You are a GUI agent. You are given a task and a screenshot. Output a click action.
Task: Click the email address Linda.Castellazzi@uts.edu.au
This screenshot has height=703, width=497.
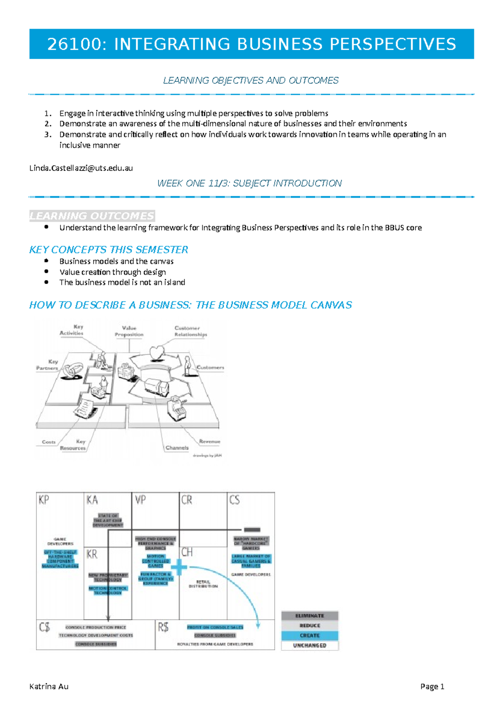tap(81, 168)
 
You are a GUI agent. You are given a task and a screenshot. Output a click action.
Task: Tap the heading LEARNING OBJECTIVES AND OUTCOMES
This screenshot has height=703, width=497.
tap(251, 80)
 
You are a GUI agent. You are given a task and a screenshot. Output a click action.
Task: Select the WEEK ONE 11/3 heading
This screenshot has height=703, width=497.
tap(249, 183)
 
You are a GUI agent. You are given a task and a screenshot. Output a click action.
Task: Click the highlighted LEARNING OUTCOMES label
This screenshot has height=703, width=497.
tap(92, 216)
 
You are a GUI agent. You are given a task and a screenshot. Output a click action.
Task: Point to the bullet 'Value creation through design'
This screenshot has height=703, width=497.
tap(112, 272)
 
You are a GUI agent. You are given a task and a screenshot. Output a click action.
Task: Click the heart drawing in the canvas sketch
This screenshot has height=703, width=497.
tap(157, 353)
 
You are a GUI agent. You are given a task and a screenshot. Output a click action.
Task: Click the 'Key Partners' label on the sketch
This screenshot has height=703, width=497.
tap(48, 365)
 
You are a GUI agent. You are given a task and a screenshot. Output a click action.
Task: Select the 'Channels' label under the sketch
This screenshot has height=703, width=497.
tap(177, 448)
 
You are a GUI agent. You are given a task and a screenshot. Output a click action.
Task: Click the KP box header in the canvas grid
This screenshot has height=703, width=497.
tap(44, 500)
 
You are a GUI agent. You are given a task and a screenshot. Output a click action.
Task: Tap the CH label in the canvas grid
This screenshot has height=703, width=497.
tap(187, 552)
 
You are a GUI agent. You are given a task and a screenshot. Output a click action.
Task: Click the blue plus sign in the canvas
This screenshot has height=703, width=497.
tap(179, 567)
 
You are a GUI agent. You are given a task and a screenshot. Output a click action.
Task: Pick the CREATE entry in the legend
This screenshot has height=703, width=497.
tap(309, 636)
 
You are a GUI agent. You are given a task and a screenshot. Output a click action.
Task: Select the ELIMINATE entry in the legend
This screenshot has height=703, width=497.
tap(309, 616)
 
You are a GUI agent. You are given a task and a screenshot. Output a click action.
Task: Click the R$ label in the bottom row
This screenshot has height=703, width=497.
tap(163, 627)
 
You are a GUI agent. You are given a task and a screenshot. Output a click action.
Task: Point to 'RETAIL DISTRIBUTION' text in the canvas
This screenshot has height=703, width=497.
tap(203, 584)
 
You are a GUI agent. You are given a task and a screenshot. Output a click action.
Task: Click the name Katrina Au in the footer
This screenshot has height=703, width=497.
tap(49, 686)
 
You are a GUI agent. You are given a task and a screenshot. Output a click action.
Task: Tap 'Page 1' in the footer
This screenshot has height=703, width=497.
tap(432, 686)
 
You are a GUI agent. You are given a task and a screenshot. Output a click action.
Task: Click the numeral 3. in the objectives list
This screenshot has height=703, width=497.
tap(48, 135)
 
